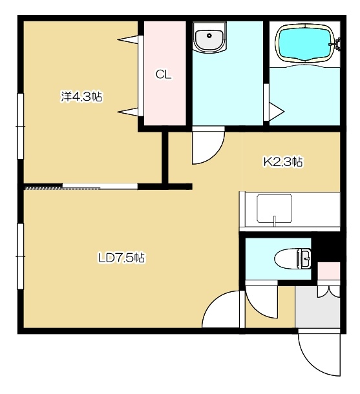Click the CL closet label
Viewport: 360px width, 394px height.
(x=164, y=75)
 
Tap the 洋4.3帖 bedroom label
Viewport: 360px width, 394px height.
(x=81, y=97)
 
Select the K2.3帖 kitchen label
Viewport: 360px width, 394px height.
(x=283, y=162)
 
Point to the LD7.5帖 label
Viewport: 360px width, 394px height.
(x=122, y=258)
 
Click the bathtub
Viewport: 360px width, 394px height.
(x=306, y=43)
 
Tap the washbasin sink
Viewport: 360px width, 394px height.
(x=209, y=37)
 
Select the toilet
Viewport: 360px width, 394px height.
(x=293, y=259)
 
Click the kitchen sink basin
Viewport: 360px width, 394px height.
(x=274, y=209)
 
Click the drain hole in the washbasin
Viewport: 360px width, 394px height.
(x=209, y=36)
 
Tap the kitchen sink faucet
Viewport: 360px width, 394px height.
(x=275, y=221)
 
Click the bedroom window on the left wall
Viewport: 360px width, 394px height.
(x=20, y=126)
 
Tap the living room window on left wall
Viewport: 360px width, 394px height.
(x=20, y=256)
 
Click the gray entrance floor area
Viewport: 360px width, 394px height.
(x=317, y=310)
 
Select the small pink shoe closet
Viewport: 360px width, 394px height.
(x=329, y=271)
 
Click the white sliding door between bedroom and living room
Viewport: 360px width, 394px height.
(x=100, y=186)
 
